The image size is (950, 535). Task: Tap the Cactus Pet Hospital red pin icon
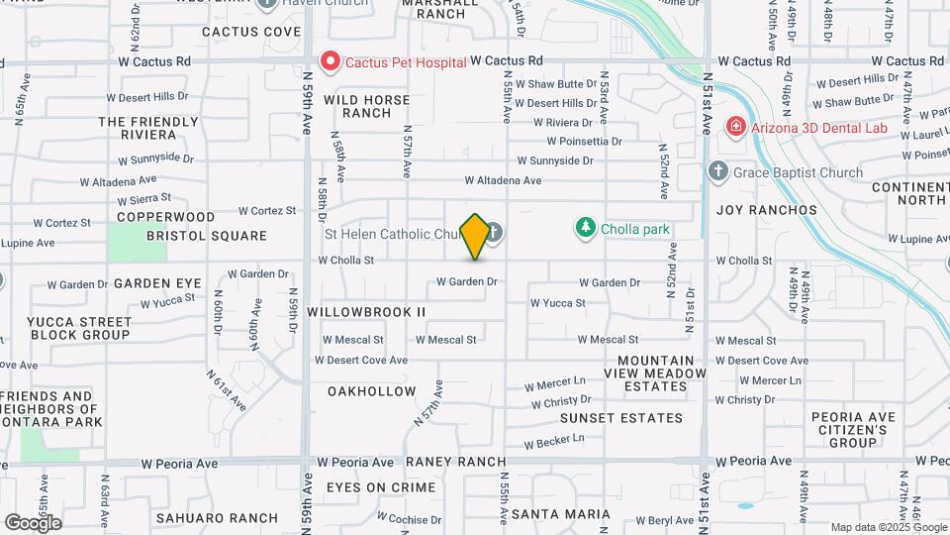(330, 61)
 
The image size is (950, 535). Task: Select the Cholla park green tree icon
(586, 229)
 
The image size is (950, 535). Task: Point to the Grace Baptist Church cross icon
(719, 172)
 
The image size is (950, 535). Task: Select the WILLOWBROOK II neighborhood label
(366, 311)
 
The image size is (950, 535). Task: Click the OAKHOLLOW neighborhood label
(372, 391)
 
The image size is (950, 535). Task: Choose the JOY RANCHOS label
(767, 210)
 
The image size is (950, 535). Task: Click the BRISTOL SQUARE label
(207, 236)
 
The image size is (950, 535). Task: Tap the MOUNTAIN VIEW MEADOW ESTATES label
(662, 373)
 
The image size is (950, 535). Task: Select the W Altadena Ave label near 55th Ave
(504, 181)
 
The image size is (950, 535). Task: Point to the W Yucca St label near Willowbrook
(557, 303)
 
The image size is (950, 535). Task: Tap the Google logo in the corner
(33, 522)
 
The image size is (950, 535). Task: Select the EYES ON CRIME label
(381, 487)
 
